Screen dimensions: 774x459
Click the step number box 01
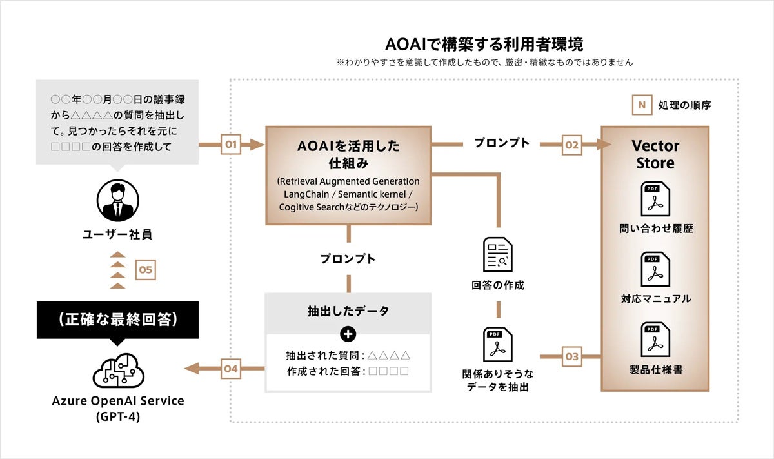pyautogui.click(x=231, y=144)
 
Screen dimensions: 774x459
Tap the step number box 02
pyautogui.click(x=572, y=145)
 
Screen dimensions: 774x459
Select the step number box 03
pyautogui.click(x=572, y=356)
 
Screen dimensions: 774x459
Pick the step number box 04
pyautogui.click(x=231, y=369)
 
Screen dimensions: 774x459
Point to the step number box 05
pyautogui.click(x=146, y=269)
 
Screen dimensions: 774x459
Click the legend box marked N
pyautogui.click(x=642, y=105)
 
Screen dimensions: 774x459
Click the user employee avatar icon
pyautogui.click(x=118, y=200)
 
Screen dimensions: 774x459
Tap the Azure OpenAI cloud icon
pyautogui.click(x=118, y=370)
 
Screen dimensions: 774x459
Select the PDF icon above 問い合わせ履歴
pyautogui.click(x=655, y=199)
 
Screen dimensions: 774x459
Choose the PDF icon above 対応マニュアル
pyautogui.click(x=655, y=269)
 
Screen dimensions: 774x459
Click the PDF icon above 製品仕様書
pyautogui.click(x=655, y=340)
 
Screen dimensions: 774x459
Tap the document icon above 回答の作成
pyautogui.click(x=497, y=254)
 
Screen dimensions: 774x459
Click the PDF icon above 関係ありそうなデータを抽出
pyautogui.click(x=497, y=344)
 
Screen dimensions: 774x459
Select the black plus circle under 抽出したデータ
pyautogui.click(x=348, y=334)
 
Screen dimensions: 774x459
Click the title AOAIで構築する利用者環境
pyautogui.click(x=484, y=45)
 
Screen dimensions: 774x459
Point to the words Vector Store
pyautogui.click(x=655, y=154)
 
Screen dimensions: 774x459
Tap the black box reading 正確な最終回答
pyautogui.click(x=117, y=320)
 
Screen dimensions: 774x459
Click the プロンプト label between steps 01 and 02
pyautogui.click(x=501, y=143)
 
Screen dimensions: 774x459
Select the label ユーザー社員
pyautogui.click(x=117, y=234)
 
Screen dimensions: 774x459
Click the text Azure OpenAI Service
pyautogui.click(x=118, y=400)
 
